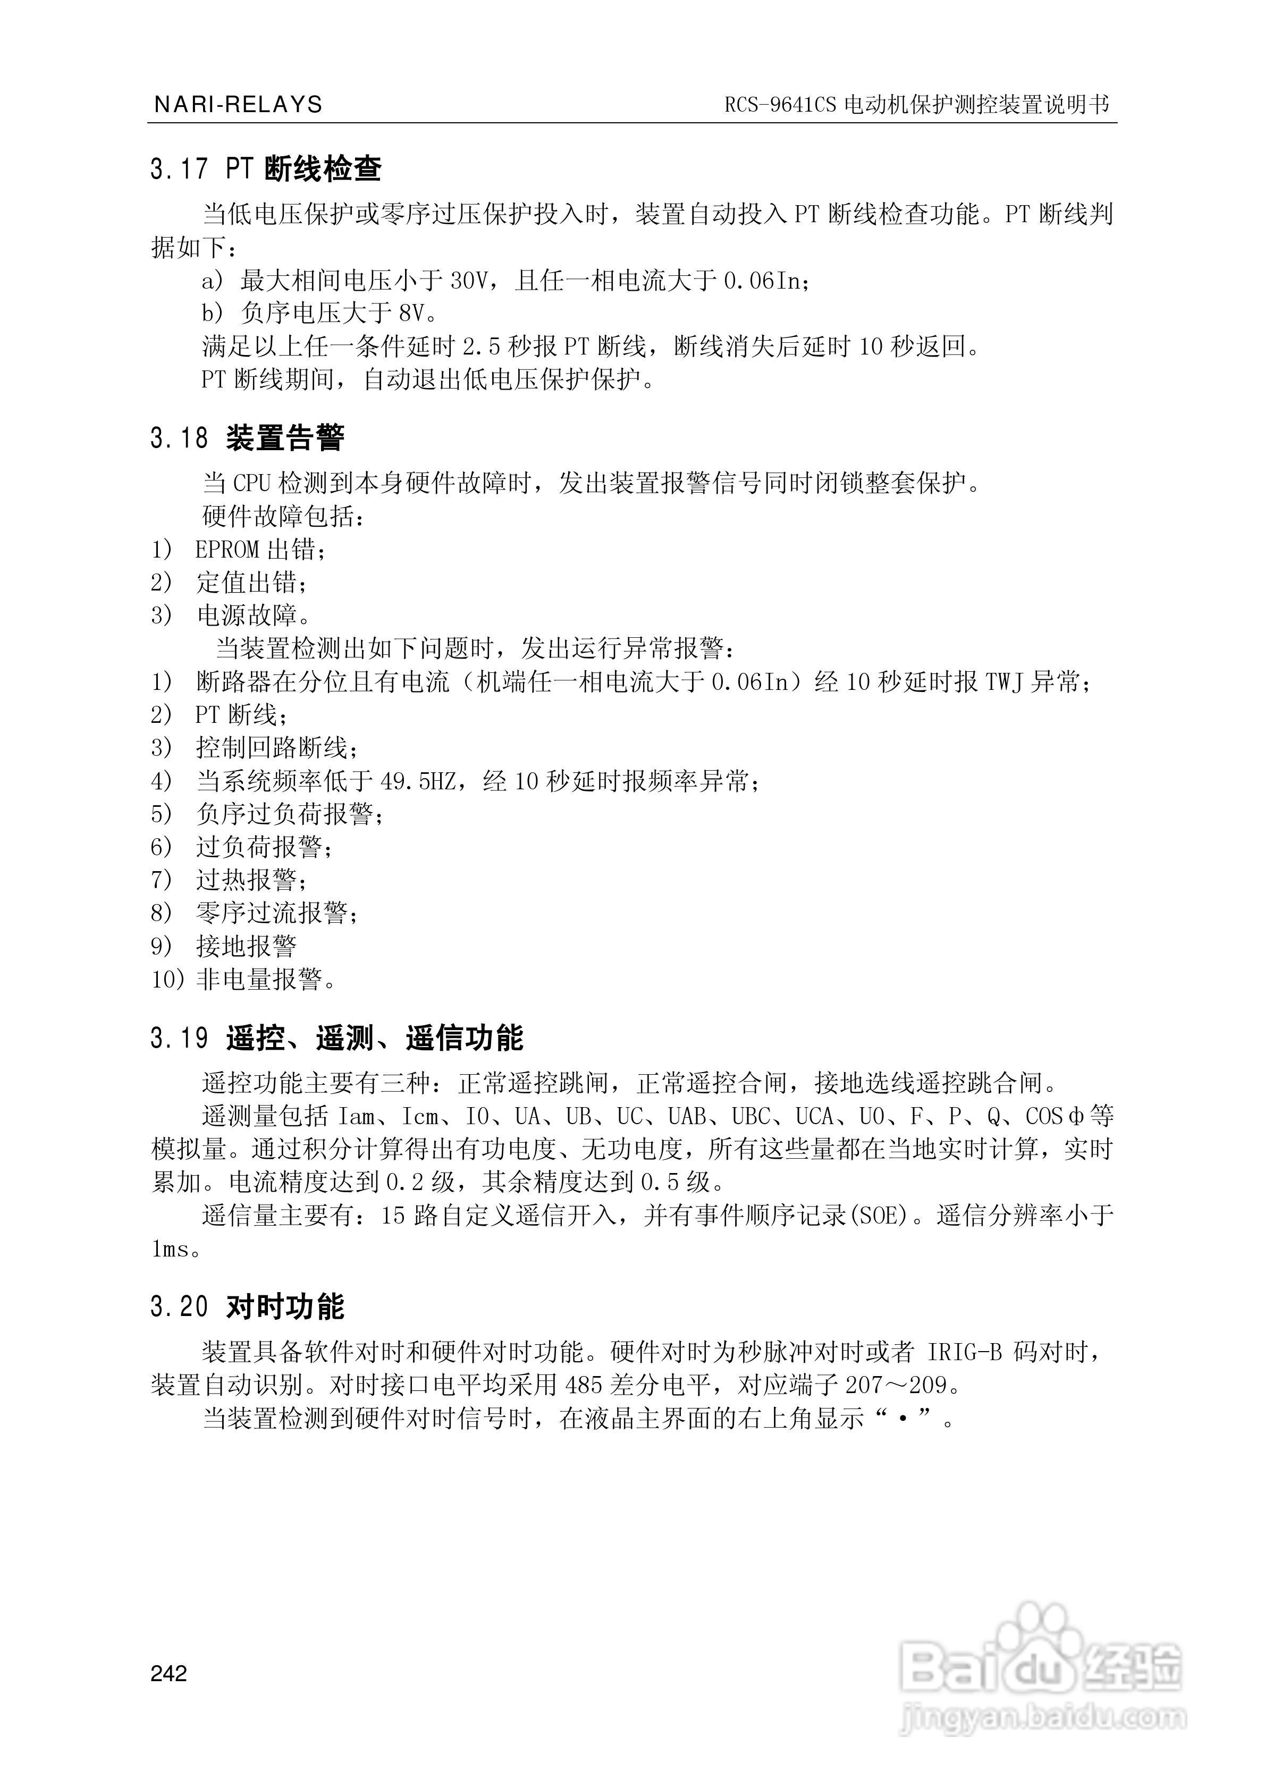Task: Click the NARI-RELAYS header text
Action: [238, 104]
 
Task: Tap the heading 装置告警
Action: [285, 438]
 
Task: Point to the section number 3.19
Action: [179, 1038]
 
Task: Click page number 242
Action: [169, 1674]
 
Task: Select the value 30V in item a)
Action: [469, 280]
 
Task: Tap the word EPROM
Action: [226, 550]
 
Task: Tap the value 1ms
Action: [170, 1249]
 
